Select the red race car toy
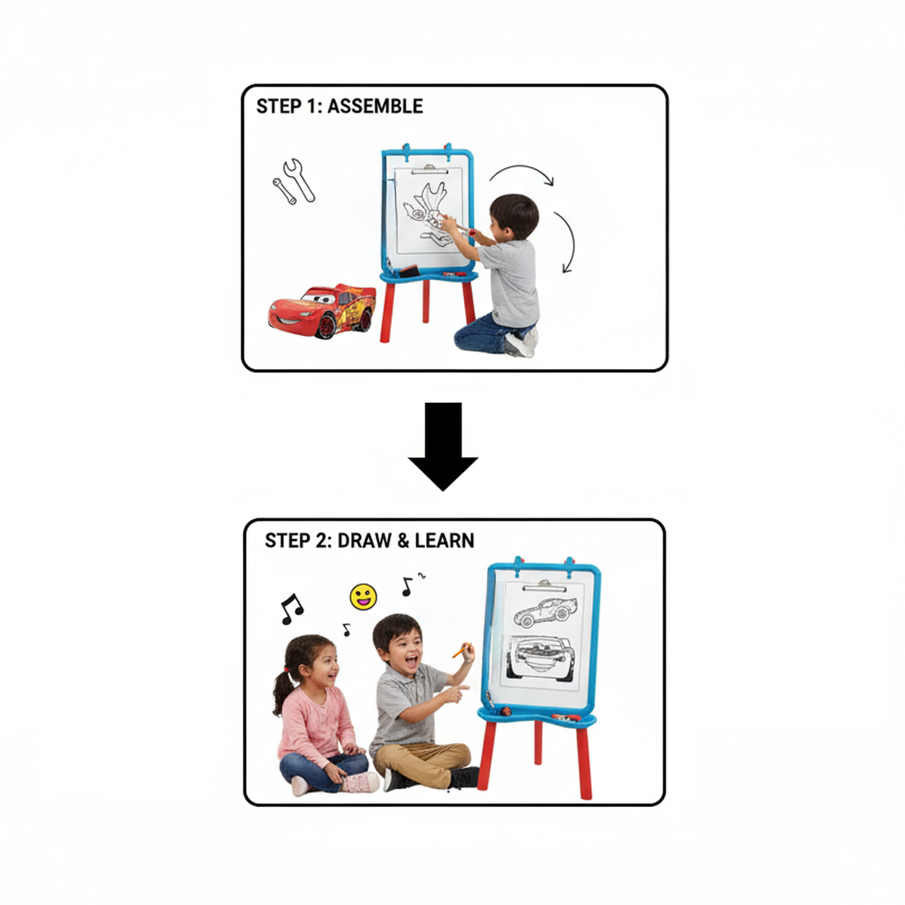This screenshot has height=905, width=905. click(x=323, y=310)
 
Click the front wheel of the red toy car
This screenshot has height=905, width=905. click(x=326, y=325)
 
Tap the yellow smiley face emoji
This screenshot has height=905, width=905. click(x=363, y=597)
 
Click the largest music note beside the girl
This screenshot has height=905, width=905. click(x=291, y=609)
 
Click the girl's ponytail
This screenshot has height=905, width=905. click(x=283, y=688)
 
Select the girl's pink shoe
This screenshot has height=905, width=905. click(x=361, y=781)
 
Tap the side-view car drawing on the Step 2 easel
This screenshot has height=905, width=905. click(x=545, y=611)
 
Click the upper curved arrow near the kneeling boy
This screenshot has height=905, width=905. click(x=522, y=173)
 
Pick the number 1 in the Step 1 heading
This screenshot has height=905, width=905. click(x=316, y=106)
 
